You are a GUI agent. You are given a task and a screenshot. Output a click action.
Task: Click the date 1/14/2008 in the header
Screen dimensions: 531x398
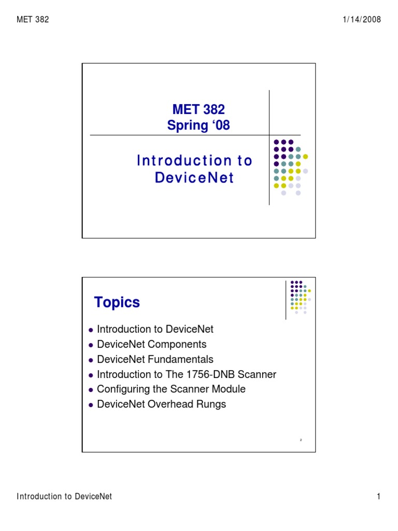coord(362,20)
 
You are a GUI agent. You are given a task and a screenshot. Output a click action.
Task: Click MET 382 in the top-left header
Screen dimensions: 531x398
coord(33,20)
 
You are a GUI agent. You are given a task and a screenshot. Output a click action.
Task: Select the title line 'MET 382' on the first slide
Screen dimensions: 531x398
coord(198,110)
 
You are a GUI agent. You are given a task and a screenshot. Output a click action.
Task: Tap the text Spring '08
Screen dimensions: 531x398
coord(198,125)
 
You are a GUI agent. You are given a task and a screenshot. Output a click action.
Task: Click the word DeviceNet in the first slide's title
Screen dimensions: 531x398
coord(194,178)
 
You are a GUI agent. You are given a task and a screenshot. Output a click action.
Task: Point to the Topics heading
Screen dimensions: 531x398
coord(117,302)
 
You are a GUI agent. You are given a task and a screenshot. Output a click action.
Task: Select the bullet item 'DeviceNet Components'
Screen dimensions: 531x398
coord(151,344)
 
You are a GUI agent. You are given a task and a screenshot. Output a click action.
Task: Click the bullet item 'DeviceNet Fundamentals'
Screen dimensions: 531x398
coord(155,359)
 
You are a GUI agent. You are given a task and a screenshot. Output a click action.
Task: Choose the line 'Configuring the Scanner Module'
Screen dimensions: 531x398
coord(171,389)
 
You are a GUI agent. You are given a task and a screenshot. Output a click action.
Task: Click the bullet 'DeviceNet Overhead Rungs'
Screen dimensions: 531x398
coord(161,404)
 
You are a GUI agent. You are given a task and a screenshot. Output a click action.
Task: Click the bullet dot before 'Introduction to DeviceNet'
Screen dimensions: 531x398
coord(91,330)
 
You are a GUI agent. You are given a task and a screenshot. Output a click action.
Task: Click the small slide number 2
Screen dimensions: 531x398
coord(301,440)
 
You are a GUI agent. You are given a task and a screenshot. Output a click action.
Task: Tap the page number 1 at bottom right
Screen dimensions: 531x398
coord(379,497)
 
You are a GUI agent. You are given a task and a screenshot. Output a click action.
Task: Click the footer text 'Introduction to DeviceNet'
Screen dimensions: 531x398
coord(64,497)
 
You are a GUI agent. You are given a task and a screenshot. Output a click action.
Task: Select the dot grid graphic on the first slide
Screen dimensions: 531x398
coord(291,167)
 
